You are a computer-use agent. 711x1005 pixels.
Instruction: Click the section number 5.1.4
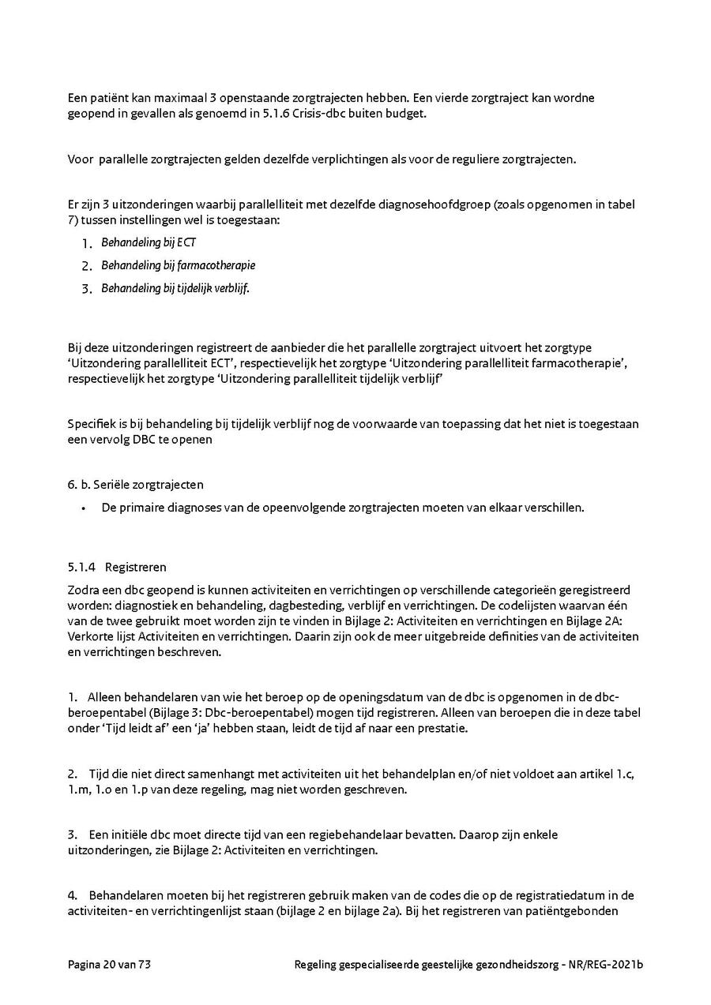pos(81,567)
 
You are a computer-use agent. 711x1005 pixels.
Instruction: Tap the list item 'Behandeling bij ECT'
pos(148,242)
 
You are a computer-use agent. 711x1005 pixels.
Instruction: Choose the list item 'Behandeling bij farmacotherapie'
pos(178,265)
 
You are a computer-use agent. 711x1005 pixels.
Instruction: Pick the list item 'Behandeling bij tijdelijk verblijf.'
pos(175,288)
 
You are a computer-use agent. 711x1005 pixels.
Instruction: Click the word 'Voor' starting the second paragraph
pos(80,159)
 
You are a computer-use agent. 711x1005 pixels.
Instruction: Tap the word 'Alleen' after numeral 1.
pos(104,697)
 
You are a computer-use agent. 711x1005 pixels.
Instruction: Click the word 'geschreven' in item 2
pos(379,789)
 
